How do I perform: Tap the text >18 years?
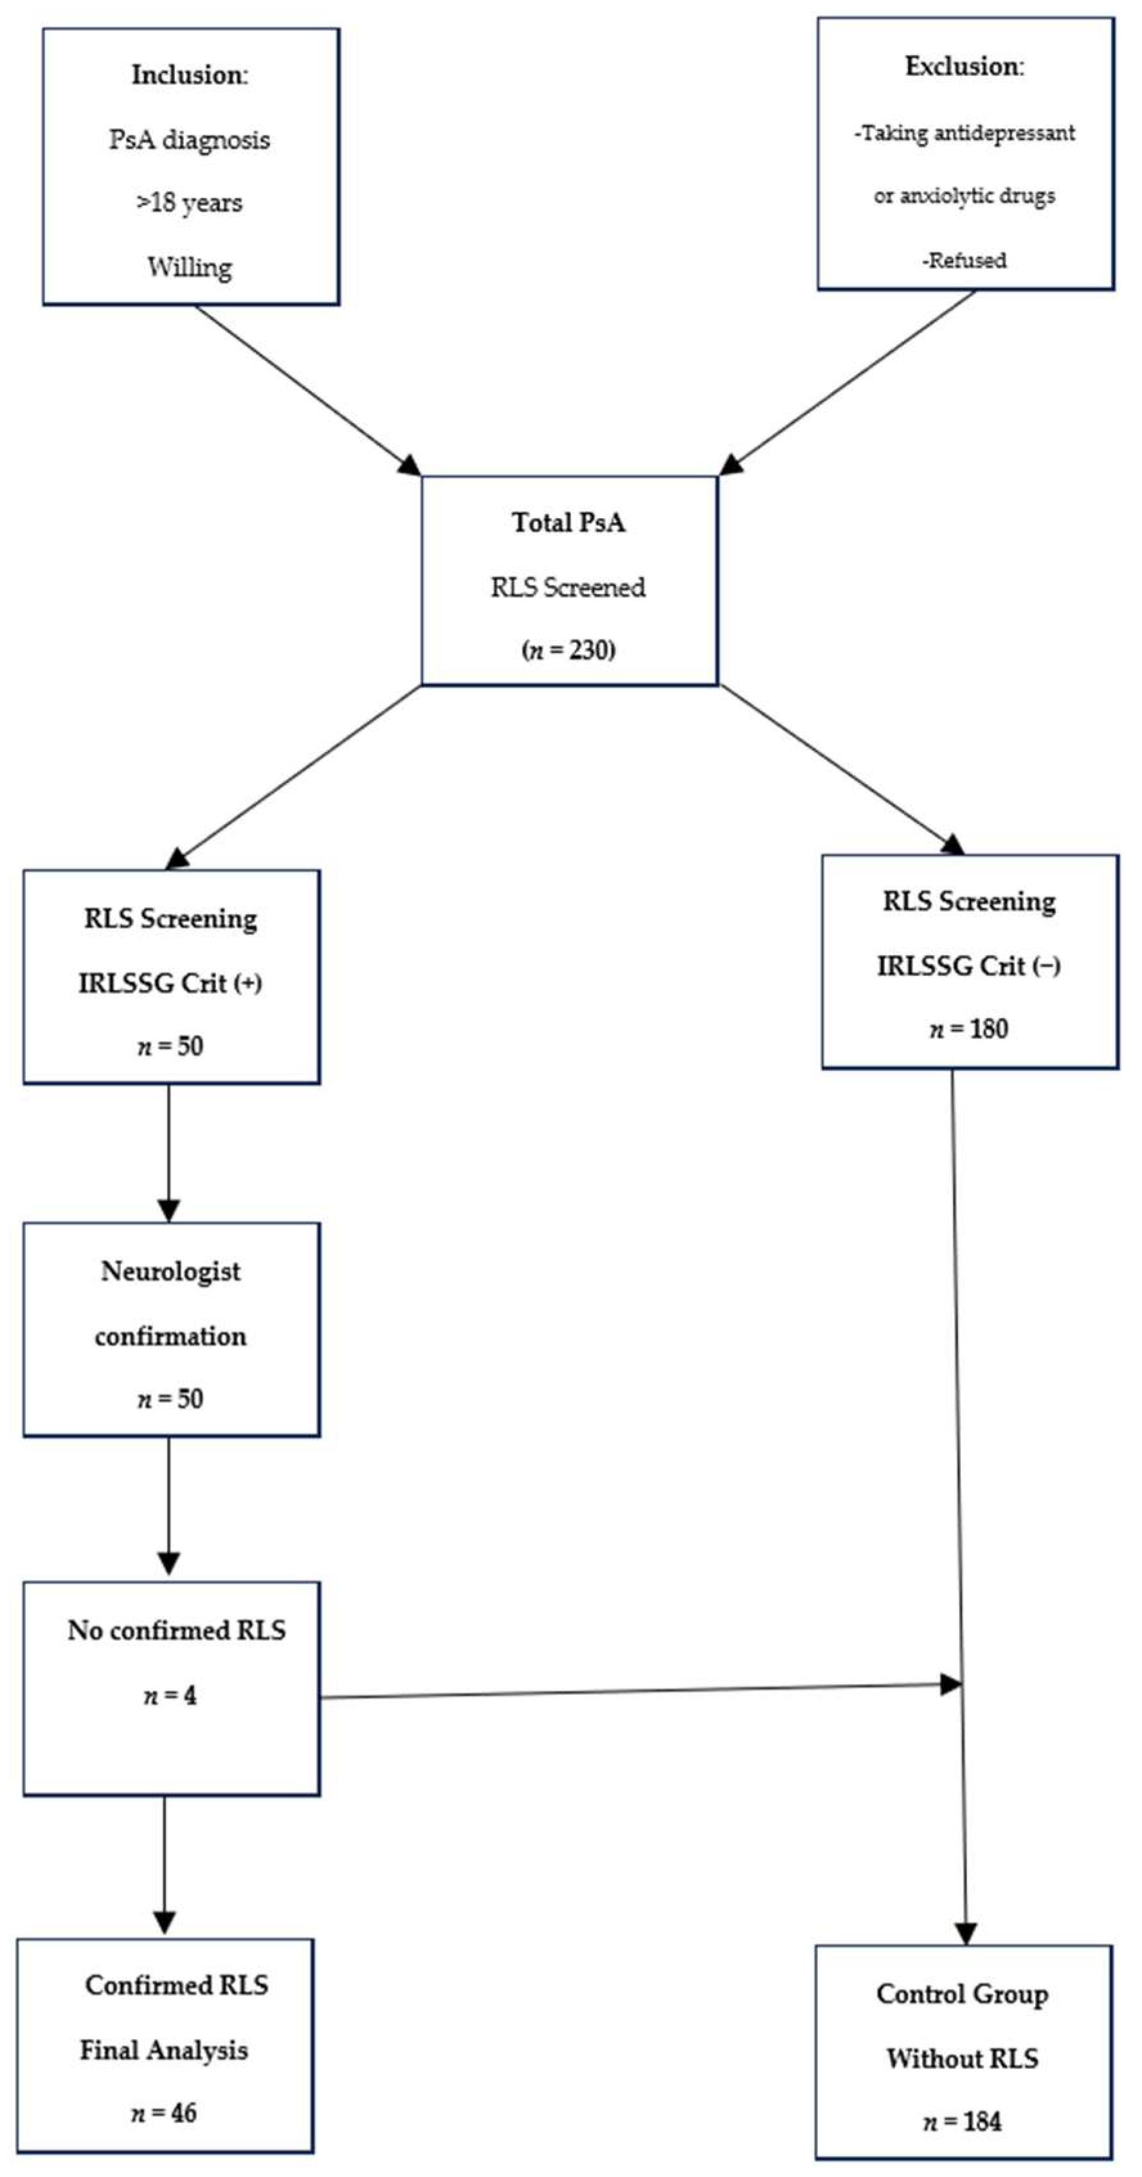[x=189, y=204]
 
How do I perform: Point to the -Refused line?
[x=964, y=260]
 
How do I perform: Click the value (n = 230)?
[x=568, y=650]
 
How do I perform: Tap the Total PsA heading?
[x=568, y=523]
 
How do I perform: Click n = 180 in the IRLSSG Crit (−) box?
[x=969, y=1029]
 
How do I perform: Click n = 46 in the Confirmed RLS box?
[x=164, y=2113]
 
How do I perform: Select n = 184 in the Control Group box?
[x=962, y=2121]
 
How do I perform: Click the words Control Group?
[x=962, y=1994]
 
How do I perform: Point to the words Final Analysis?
[x=164, y=2049]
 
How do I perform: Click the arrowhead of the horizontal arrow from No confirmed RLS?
[x=951, y=1683]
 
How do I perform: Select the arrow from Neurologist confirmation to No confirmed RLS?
[x=169, y=1504]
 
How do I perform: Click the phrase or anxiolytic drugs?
[x=964, y=196]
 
